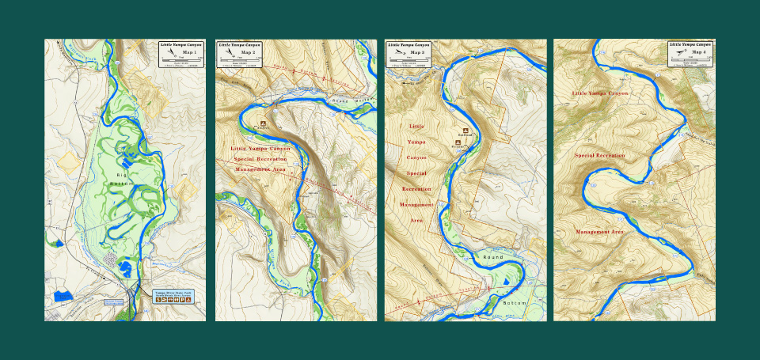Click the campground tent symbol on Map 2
tap(263, 123)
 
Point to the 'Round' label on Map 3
tap(492, 257)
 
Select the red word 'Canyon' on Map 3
tap(416, 157)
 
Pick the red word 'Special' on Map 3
tap(416, 172)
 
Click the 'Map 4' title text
tap(698, 52)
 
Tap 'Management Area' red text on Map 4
tap(599, 232)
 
